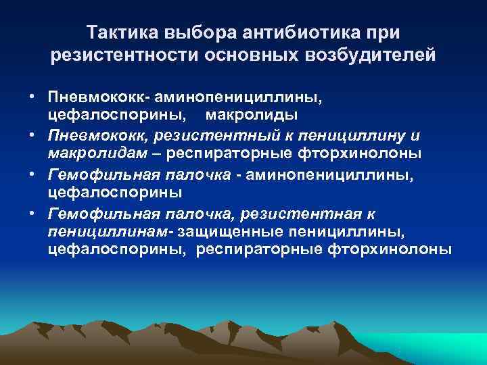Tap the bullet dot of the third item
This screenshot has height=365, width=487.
[32, 175]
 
